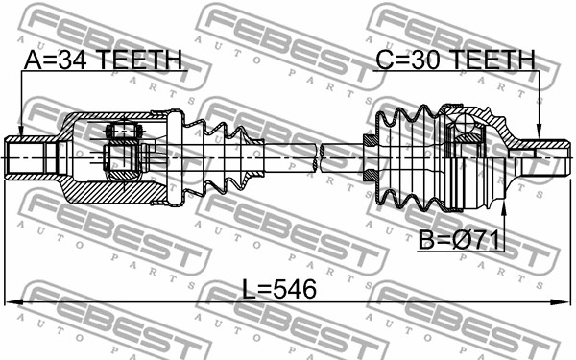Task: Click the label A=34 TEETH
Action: tap(103, 60)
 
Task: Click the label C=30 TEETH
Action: tap(455, 60)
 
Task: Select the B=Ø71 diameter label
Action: tap(459, 240)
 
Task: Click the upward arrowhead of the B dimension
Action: tap(504, 208)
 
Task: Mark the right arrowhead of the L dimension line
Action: tap(562, 302)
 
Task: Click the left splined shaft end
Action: tap(32, 158)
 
